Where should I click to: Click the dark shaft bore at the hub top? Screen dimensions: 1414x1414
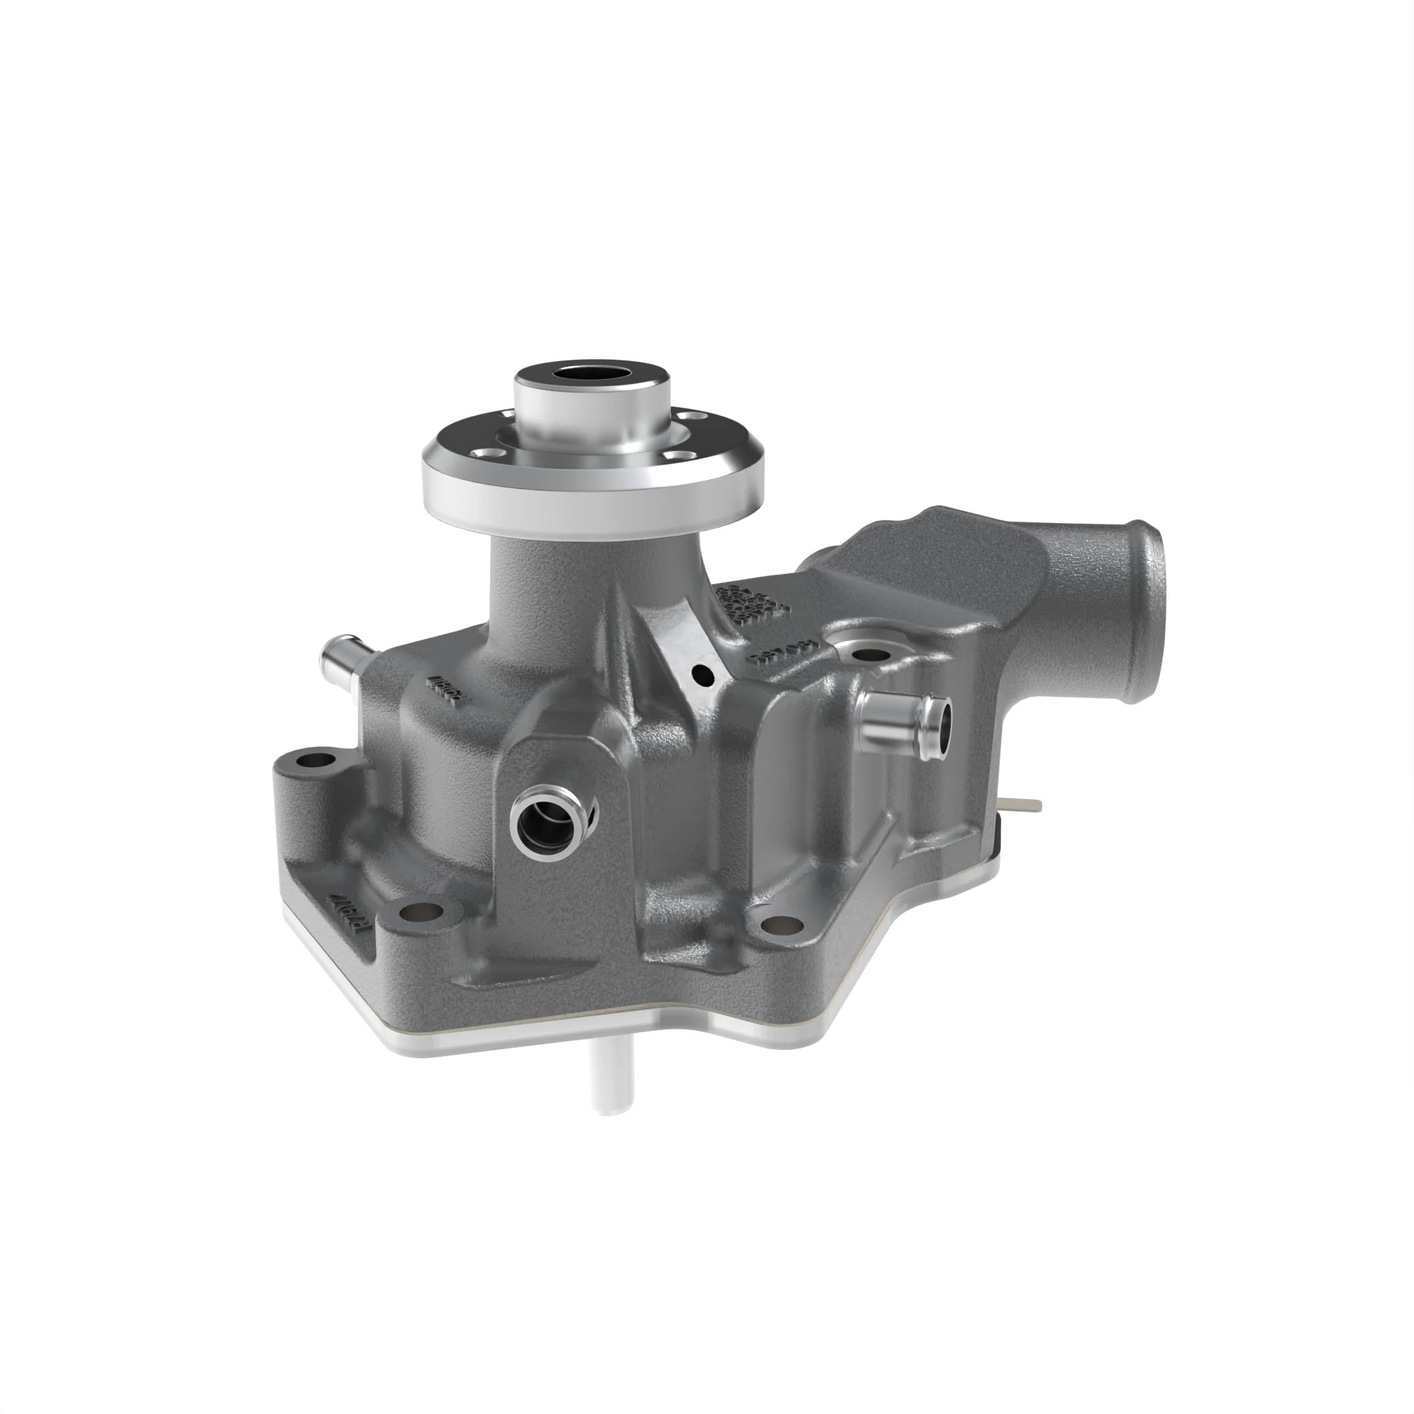pos(591,373)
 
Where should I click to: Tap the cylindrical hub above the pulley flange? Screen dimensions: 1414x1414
pos(591,414)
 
